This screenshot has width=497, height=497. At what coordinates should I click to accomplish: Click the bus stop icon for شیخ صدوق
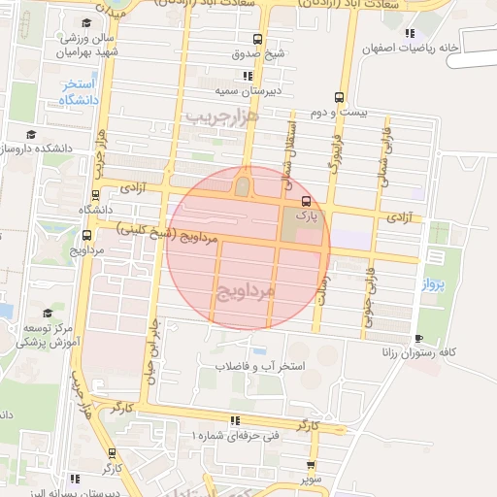pyautogui.click(x=257, y=40)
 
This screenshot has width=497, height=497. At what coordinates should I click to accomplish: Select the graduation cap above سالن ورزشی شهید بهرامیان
pyautogui.click(x=85, y=21)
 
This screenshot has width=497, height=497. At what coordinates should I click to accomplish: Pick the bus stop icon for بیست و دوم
pyautogui.click(x=339, y=97)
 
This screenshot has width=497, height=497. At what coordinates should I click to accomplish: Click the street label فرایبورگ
pyautogui.click(x=332, y=150)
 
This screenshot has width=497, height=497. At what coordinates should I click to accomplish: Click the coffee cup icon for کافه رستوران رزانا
pyautogui.click(x=418, y=339)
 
